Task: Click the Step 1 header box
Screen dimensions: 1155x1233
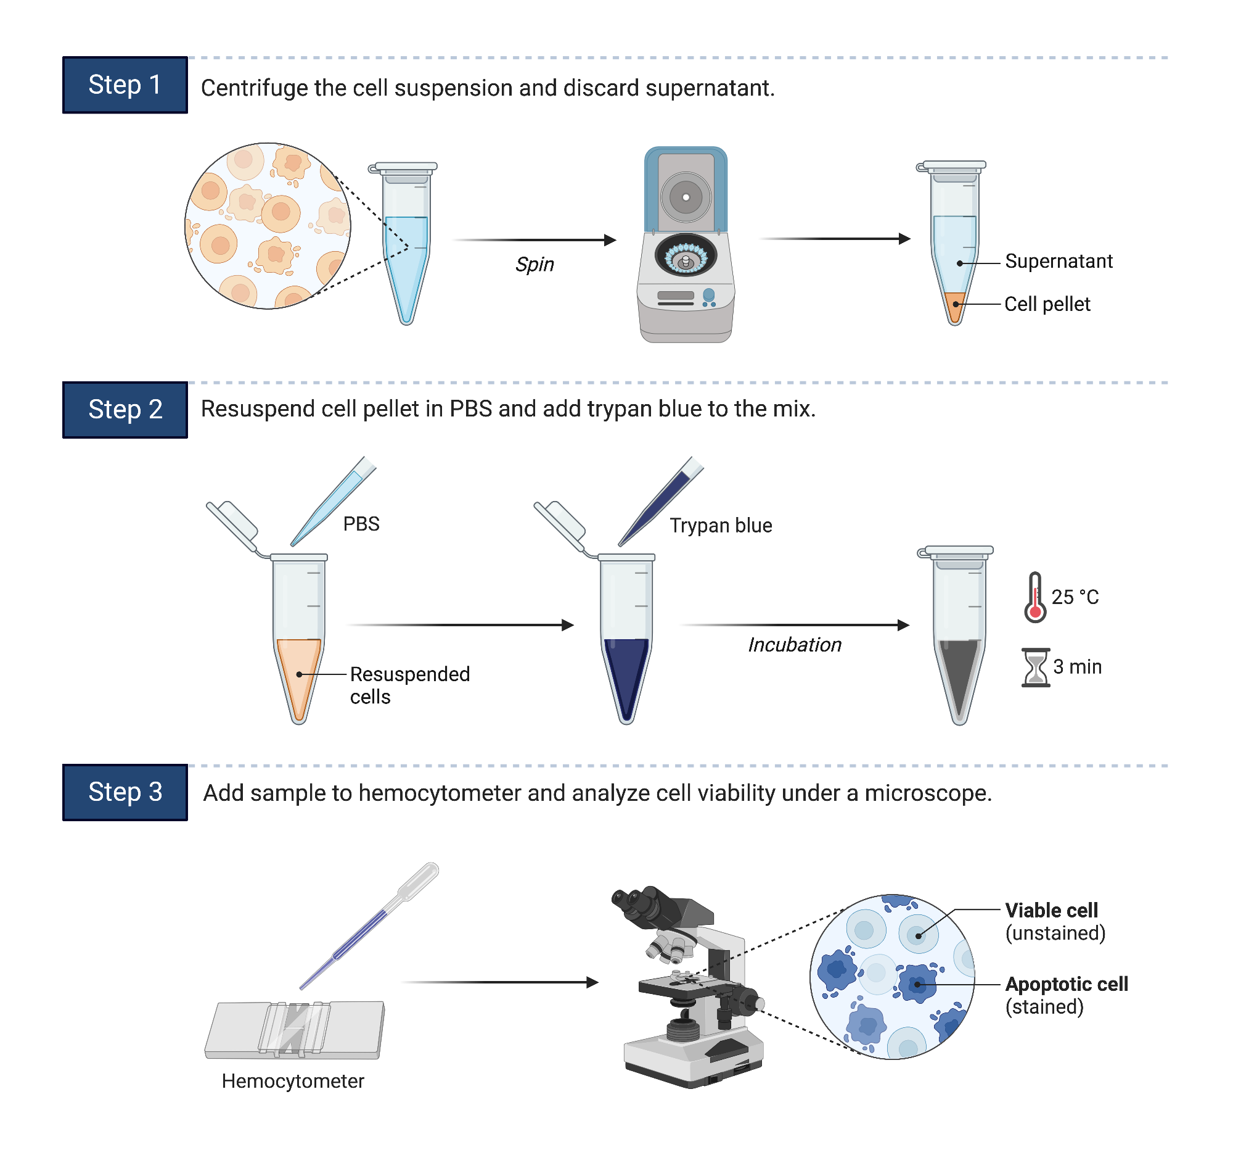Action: (x=125, y=85)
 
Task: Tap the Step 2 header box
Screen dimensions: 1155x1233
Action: (x=125, y=410)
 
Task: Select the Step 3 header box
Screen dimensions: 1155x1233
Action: (x=125, y=793)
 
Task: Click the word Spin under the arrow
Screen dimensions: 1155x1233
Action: (x=535, y=265)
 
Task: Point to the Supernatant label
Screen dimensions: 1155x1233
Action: (x=1059, y=261)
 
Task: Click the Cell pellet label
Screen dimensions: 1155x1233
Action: (x=1047, y=304)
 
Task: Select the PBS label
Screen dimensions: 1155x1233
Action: (x=361, y=524)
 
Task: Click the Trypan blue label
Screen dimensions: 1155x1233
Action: (x=721, y=526)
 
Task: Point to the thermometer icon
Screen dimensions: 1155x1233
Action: (x=1035, y=598)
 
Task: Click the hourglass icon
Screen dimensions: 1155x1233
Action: (x=1036, y=668)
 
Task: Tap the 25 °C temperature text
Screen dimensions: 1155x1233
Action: (x=1075, y=597)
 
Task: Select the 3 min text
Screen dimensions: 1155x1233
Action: (x=1077, y=667)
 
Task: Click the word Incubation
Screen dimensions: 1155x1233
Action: (x=795, y=645)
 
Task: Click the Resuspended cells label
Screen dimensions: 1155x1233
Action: (x=409, y=685)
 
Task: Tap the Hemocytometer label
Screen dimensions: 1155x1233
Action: (x=293, y=1081)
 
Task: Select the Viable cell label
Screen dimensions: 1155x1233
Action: (x=1052, y=911)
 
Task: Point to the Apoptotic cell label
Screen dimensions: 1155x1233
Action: (x=1066, y=984)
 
